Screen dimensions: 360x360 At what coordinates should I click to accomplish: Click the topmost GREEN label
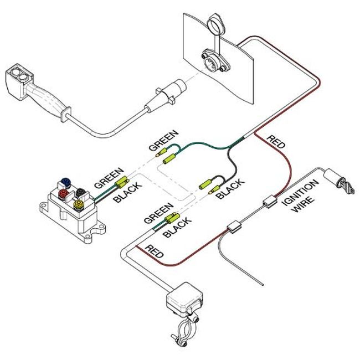point(164,140)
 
